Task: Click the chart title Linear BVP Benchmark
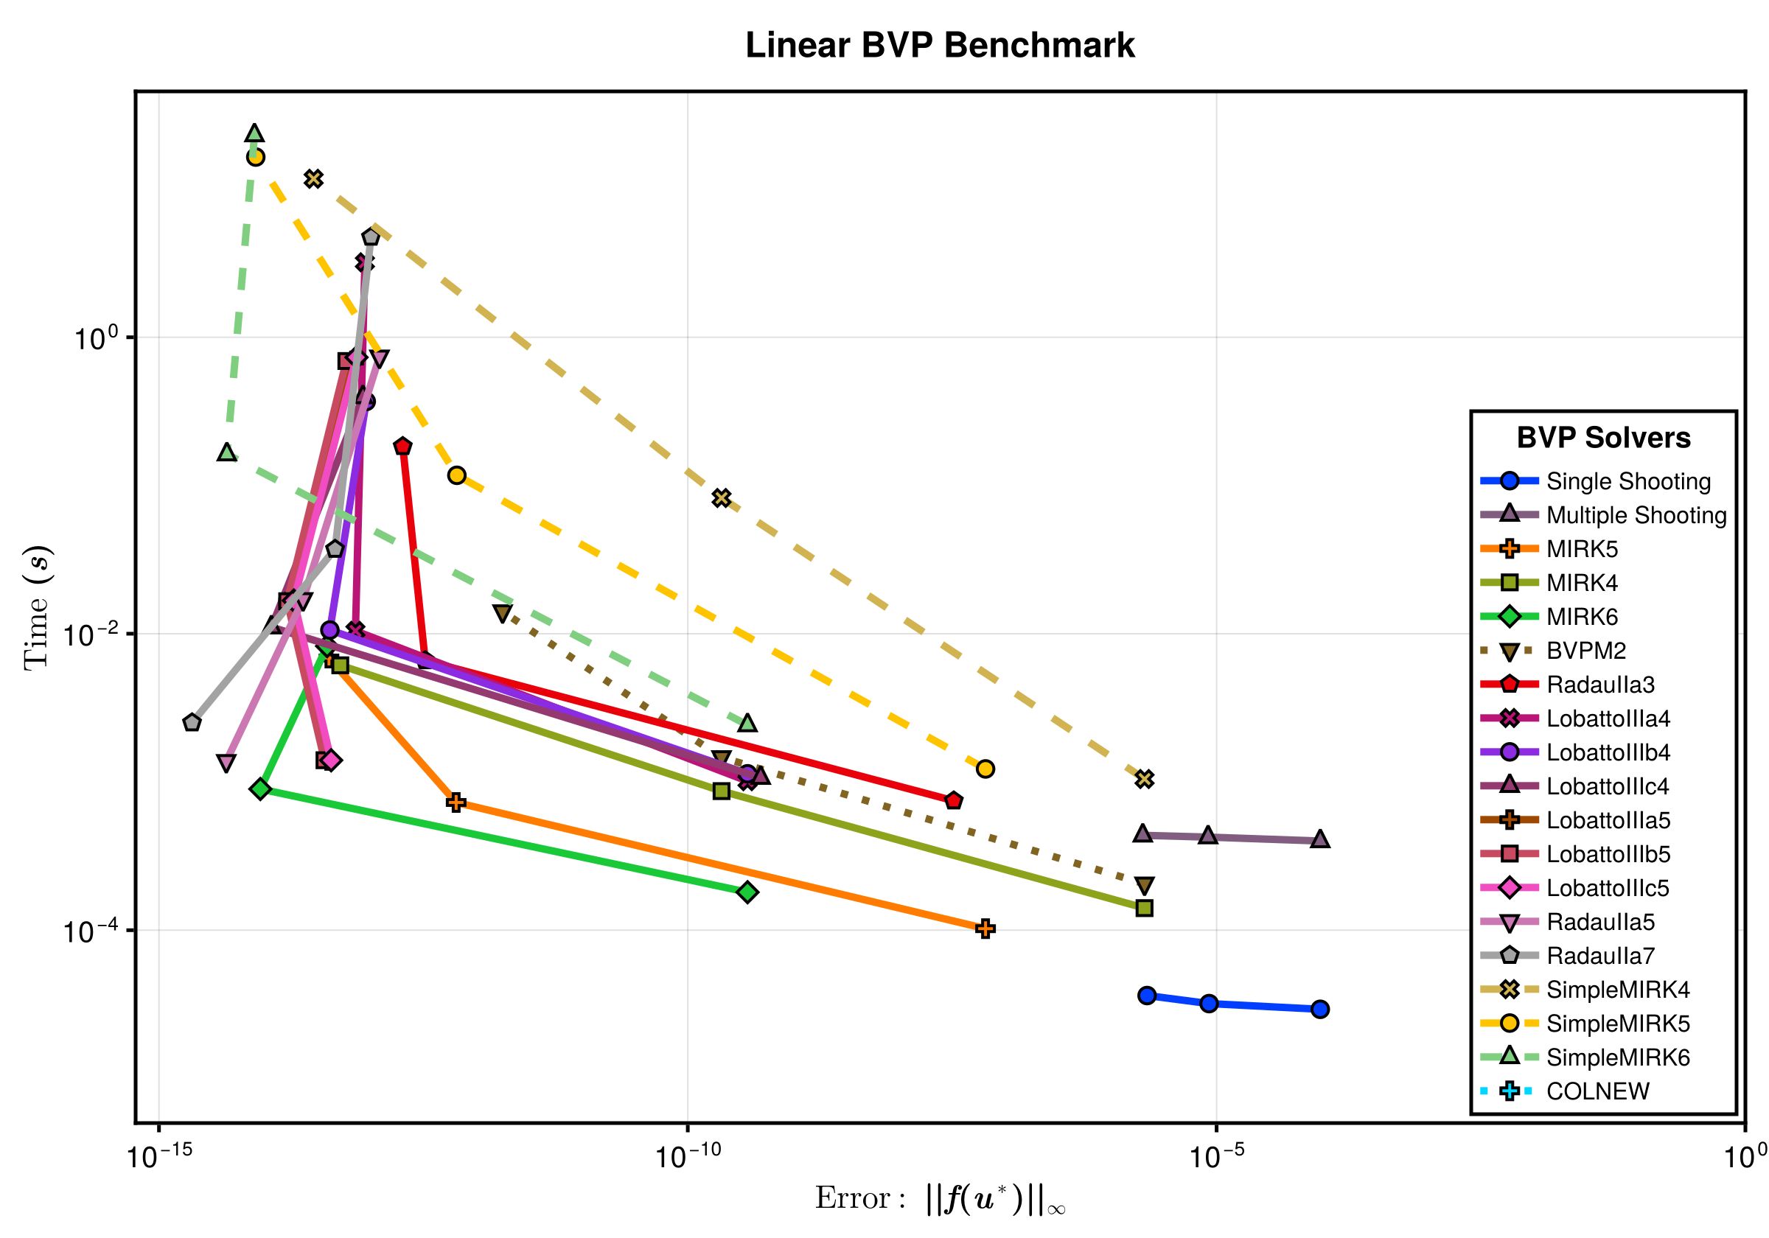click(x=939, y=46)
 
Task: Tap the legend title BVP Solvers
click(x=1603, y=438)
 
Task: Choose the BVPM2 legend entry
click(x=1585, y=651)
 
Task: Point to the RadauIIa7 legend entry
click(x=1600, y=956)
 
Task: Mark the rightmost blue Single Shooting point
click(x=1320, y=1010)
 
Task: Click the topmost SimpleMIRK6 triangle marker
click(x=254, y=133)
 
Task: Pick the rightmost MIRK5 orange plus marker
click(x=985, y=929)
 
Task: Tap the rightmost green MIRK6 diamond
click(x=747, y=892)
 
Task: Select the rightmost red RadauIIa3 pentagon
click(x=954, y=800)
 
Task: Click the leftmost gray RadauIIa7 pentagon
click(x=192, y=723)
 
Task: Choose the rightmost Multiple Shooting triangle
click(x=1320, y=839)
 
